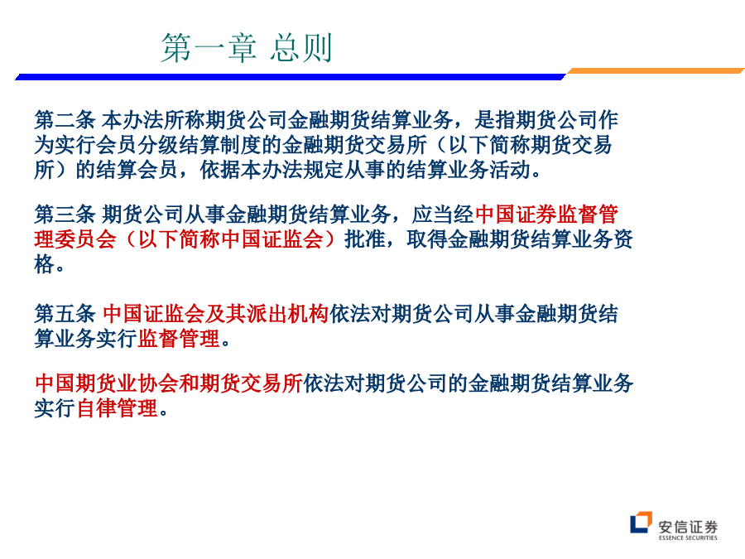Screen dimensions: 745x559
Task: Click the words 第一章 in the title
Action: coord(209,48)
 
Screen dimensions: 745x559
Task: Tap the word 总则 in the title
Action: coord(301,48)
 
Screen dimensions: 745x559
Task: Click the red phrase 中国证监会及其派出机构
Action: coord(216,314)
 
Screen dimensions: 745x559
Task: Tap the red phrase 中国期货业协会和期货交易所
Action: coord(169,383)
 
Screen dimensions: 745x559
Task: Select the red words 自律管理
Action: coord(117,408)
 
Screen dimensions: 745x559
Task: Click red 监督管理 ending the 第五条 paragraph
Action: coord(179,339)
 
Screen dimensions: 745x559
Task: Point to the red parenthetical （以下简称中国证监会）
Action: coord(230,239)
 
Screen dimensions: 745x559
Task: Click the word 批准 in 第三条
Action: coord(364,239)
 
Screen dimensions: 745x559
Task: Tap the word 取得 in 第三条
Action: coord(426,239)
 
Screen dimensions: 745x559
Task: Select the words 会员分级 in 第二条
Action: coord(137,145)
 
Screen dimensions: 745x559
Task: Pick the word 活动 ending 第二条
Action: coord(510,170)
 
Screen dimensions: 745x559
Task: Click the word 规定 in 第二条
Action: coord(323,170)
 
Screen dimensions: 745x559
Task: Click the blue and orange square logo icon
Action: coord(641,523)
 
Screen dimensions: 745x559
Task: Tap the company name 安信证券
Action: coord(688,527)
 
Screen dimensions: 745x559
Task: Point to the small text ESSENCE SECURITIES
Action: coord(688,538)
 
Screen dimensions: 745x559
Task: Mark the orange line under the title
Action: coord(656,71)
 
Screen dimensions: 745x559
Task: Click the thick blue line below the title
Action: coord(291,76)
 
